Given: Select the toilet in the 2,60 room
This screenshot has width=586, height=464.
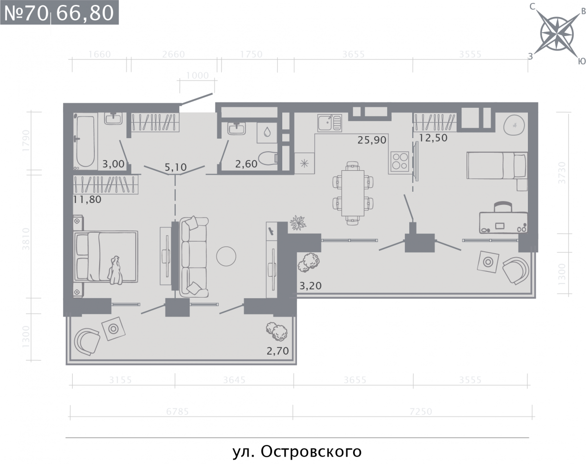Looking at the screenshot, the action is pos(268,159).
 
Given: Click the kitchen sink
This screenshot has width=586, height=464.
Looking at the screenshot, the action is pos(329,123).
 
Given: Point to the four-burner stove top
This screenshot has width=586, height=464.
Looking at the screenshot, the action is pos(399,161).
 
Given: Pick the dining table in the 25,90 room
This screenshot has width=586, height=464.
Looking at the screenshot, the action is pos(353,193).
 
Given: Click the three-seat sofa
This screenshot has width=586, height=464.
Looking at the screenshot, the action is pos(193,257).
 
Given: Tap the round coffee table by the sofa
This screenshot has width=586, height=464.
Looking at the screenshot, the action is pos(226,256).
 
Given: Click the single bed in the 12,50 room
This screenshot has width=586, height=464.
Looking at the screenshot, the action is pos(497,165).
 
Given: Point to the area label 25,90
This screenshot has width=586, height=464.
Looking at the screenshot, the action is pos(372,140).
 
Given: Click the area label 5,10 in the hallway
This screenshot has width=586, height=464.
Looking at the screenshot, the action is pos(176,167).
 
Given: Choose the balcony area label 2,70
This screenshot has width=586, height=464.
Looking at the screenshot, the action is pos(277,351).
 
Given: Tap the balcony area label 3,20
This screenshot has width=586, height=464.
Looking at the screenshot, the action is pos(311,286).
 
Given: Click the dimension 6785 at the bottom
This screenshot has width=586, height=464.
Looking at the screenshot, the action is pos(178,411).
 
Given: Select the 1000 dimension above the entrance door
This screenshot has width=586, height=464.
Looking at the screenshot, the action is pos(197,76).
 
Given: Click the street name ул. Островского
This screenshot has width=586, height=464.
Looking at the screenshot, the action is pos(297,452).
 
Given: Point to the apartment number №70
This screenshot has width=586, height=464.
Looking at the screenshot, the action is pos(26,13).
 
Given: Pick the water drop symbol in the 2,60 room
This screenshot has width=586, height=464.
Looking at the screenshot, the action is pos(267,133).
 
